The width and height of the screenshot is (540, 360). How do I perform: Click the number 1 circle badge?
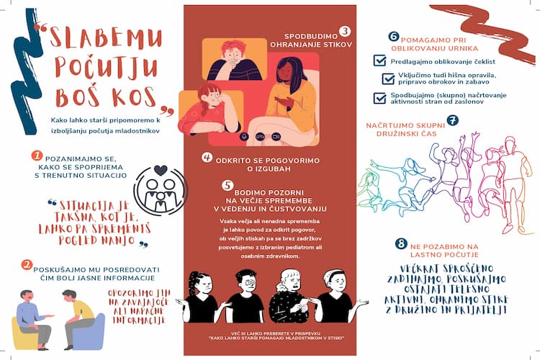36,154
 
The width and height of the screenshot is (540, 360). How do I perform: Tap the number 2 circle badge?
27,265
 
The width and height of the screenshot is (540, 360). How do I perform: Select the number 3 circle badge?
345,31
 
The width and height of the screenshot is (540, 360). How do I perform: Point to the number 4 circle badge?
207,158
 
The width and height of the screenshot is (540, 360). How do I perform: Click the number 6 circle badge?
393,35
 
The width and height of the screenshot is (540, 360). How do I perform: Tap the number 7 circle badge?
452,120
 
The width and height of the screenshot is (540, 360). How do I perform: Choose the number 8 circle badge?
400,244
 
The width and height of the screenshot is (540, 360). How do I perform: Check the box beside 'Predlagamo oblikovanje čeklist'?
379,62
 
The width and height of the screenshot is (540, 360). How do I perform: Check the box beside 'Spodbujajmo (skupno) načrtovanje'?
379,98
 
